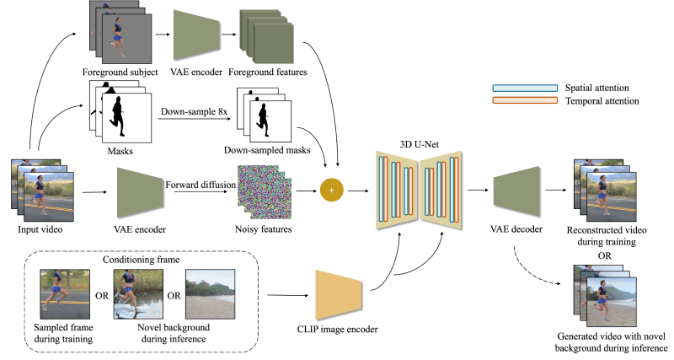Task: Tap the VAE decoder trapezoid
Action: coord(517,191)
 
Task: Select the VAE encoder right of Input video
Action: coord(139,191)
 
